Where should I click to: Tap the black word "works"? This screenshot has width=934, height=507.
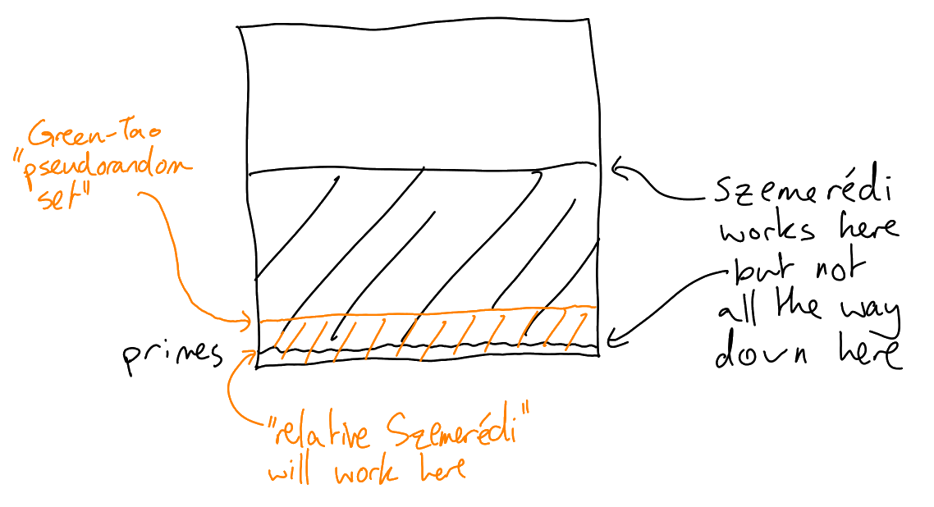click(x=767, y=231)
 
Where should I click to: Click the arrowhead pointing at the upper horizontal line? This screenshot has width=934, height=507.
click(x=619, y=171)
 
